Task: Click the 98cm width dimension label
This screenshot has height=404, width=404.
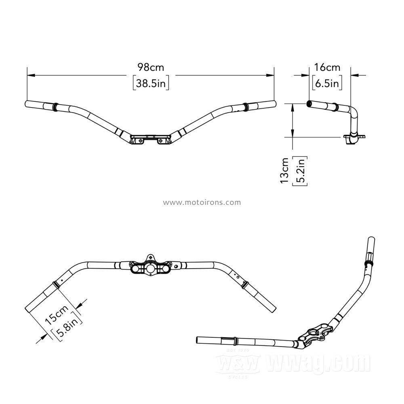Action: click(151, 67)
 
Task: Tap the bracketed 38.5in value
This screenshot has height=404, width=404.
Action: click(151, 83)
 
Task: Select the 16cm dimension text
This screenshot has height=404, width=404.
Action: click(327, 67)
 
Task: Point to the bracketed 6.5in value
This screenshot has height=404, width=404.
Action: click(327, 83)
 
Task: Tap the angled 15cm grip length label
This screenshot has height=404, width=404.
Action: click(57, 314)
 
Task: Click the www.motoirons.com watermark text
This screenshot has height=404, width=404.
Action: click(202, 202)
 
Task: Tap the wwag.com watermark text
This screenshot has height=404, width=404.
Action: click(318, 362)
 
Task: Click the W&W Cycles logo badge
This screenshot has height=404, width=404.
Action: click(238, 363)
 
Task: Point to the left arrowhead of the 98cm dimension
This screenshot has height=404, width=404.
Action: click(31, 75)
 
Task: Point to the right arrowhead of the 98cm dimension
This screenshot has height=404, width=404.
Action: click(270, 75)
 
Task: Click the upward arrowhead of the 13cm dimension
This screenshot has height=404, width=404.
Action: click(292, 108)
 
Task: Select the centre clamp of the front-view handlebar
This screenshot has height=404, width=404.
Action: click(150, 139)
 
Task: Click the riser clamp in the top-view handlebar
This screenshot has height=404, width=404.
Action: click(150, 265)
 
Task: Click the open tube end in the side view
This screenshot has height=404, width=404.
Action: click(309, 104)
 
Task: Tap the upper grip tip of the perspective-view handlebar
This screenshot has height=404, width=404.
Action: click(371, 239)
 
